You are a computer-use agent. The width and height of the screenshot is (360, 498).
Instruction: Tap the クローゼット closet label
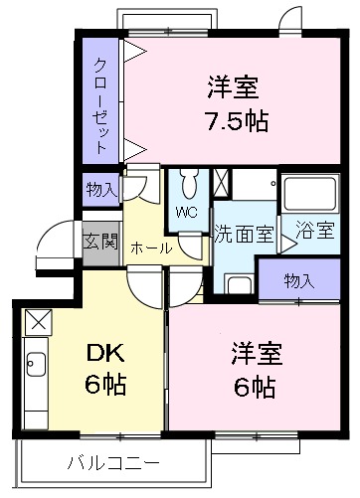[101, 104]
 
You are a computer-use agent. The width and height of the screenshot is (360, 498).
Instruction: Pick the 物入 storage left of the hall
[100, 189]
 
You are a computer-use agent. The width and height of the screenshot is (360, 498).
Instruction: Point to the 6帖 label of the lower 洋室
[256, 385]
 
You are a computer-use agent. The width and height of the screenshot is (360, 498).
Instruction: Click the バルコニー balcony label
[112, 462]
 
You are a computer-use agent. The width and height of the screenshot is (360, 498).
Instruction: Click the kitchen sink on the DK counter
[37, 366]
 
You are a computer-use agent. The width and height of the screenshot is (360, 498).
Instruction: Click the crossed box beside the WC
[222, 182]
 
